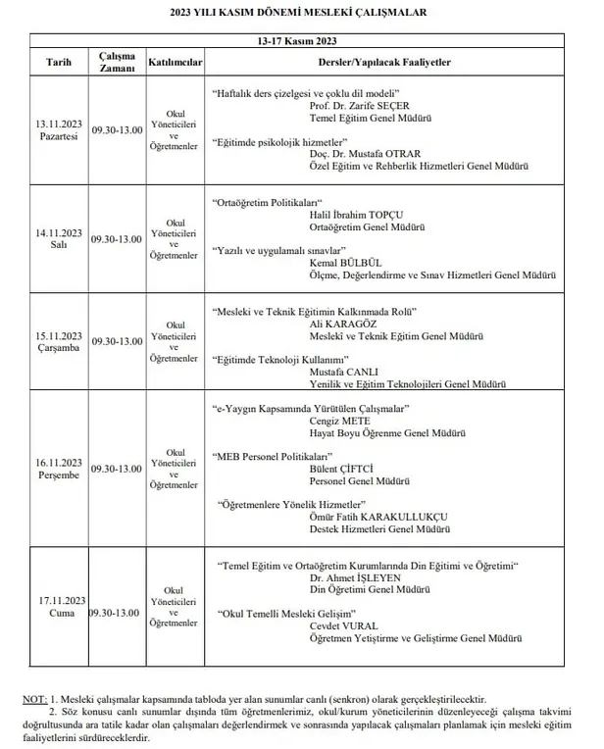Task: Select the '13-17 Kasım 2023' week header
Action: point(303,40)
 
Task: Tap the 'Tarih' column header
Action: point(59,61)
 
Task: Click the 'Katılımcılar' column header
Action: point(175,61)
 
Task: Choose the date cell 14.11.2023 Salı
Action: point(59,238)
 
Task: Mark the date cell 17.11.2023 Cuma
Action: point(59,605)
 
